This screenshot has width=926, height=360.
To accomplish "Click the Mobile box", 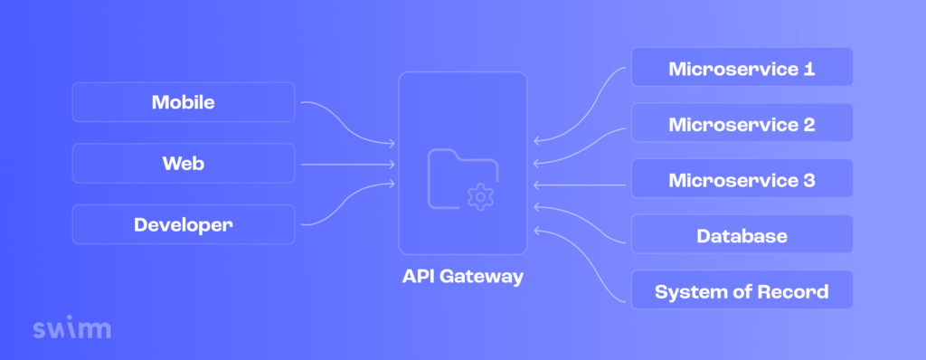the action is (183, 102).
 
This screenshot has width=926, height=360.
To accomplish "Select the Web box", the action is (183, 164).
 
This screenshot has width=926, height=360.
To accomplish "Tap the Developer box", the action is (183, 224).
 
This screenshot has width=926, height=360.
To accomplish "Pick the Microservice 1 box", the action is (742, 68).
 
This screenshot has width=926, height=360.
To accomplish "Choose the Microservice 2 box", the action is (742, 123).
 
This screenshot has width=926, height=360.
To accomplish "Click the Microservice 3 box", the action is (742, 179).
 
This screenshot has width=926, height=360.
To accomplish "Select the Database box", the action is (742, 236).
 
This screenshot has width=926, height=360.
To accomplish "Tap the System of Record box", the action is (742, 291).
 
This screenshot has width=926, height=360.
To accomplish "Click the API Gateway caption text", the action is (462, 277).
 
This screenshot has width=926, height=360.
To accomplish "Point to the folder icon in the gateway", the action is (457, 175).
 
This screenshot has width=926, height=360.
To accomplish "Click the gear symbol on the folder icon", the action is (480, 194).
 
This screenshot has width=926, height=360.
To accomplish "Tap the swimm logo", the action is (71, 327).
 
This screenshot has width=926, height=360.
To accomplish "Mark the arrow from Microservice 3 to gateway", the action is (579, 185).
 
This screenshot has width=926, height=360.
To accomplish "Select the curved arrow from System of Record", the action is (579, 262).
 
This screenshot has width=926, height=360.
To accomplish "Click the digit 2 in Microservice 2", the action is (808, 124).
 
